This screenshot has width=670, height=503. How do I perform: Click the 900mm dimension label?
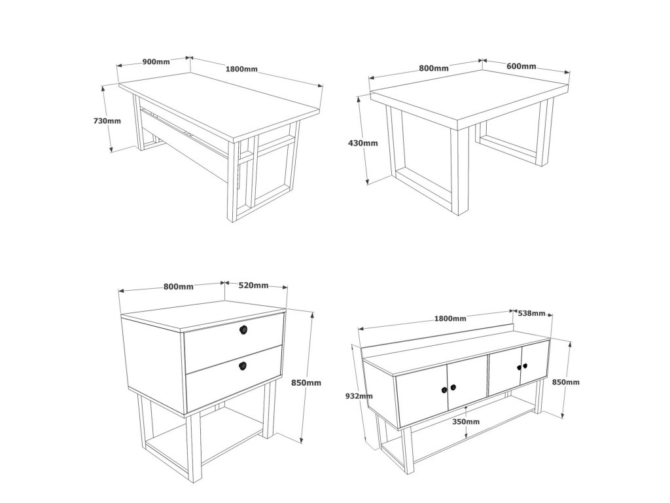[156, 62]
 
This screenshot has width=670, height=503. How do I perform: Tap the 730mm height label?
[107, 121]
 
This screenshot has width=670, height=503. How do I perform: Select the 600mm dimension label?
[521, 66]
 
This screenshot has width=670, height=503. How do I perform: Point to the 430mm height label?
[363, 143]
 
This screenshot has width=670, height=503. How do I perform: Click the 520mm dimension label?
[254, 286]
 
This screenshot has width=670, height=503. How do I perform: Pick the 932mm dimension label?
[359, 396]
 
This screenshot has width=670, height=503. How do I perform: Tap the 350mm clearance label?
[466, 422]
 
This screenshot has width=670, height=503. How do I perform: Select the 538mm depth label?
[531, 313]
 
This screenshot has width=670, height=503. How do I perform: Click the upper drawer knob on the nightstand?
[243, 330]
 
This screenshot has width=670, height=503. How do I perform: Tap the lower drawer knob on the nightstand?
[243, 365]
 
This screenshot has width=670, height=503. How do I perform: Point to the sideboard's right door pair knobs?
[522, 367]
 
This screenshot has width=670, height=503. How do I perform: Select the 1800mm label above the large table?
[241, 68]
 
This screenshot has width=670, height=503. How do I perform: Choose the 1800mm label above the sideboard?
[450, 318]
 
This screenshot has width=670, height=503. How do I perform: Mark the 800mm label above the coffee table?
[434, 68]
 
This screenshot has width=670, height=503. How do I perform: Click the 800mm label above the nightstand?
[178, 287]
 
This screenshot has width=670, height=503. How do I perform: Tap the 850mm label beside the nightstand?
[306, 382]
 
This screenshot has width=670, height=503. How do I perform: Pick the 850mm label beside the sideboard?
[566, 382]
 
